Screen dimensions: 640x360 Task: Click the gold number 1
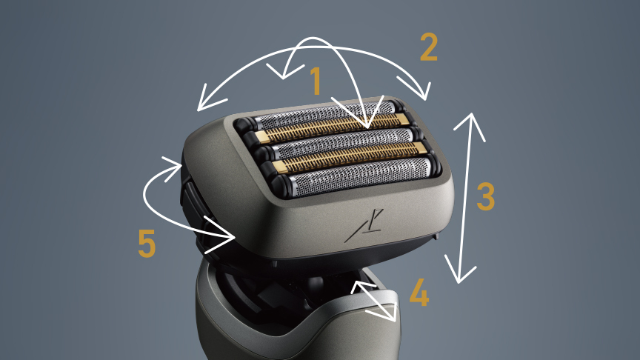tap(316, 81)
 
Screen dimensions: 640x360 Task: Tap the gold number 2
tap(429, 47)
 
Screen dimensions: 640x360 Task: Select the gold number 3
tap(485, 196)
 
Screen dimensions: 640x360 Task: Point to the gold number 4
tap(419, 293)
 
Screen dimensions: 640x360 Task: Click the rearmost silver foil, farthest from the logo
tap(324, 113)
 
